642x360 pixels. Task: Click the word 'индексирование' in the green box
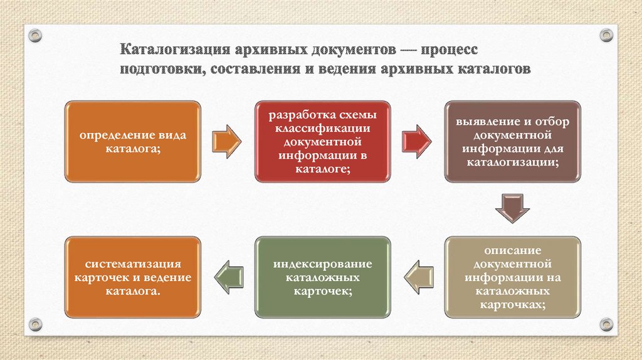(322, 263)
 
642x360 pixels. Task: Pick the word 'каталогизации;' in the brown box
(512, 162)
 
